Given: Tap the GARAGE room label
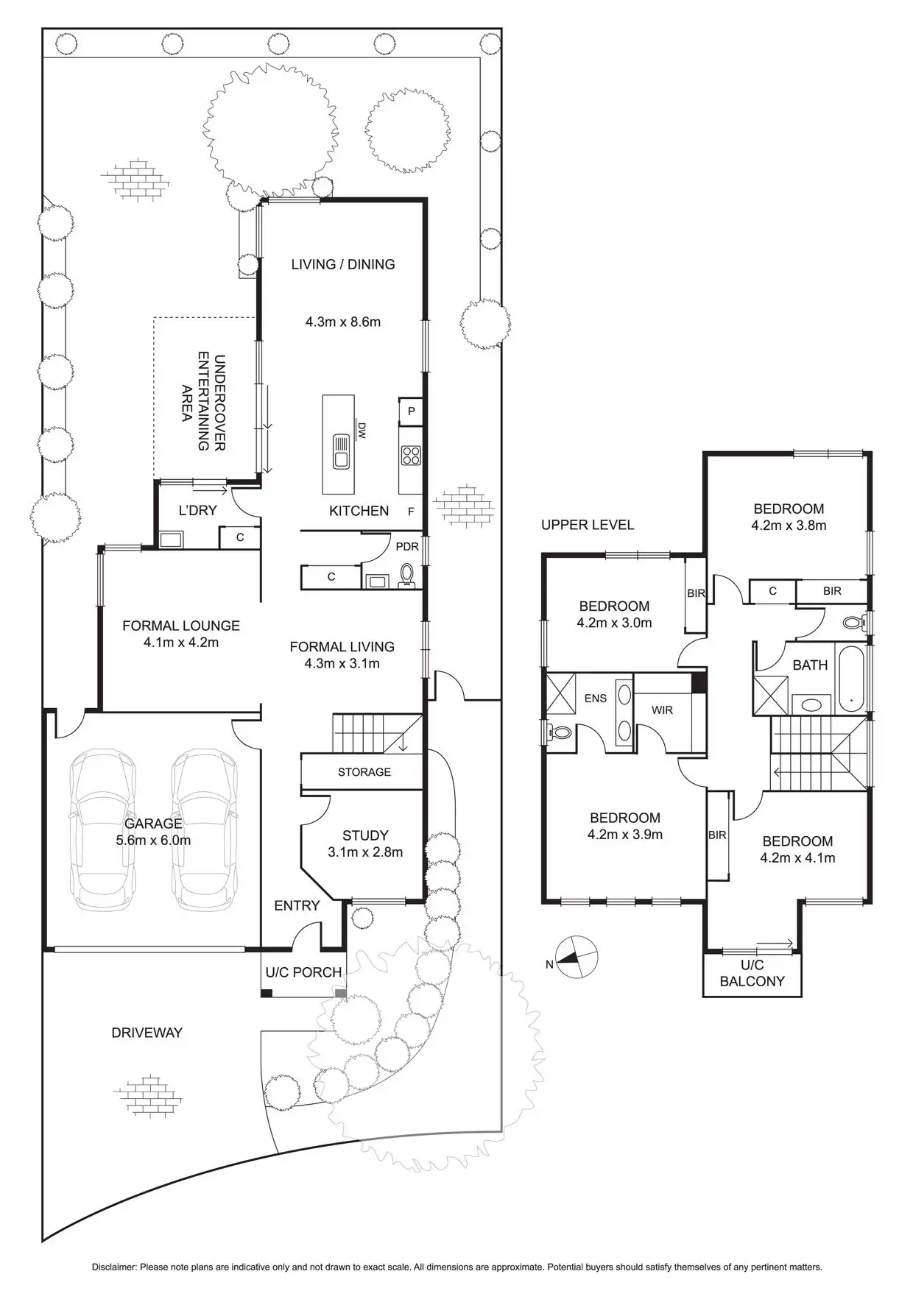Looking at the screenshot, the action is click(153, 824).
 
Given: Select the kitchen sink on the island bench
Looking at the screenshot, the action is click(340, 451).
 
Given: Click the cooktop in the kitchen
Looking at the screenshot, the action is click(411, 456).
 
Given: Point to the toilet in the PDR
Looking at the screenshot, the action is click(406, 576).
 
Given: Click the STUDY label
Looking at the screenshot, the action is click(365, 835).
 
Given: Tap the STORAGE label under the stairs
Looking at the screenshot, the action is click(364, 772).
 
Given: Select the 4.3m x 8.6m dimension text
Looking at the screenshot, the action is click(343, 322).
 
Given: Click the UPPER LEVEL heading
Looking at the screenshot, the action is click(588, 525).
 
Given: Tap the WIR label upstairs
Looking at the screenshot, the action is click(662, 710).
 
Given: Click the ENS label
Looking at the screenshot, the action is click(596, 698).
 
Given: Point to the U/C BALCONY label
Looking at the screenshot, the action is click(752, 973).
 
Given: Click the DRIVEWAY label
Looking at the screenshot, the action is click(147, 1033).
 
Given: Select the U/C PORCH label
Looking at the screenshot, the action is click(303, 972).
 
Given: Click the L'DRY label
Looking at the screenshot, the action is click(197, 510).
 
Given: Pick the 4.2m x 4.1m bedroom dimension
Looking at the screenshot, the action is click(797, 857).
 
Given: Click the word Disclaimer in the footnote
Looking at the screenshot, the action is click(114, 1267).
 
